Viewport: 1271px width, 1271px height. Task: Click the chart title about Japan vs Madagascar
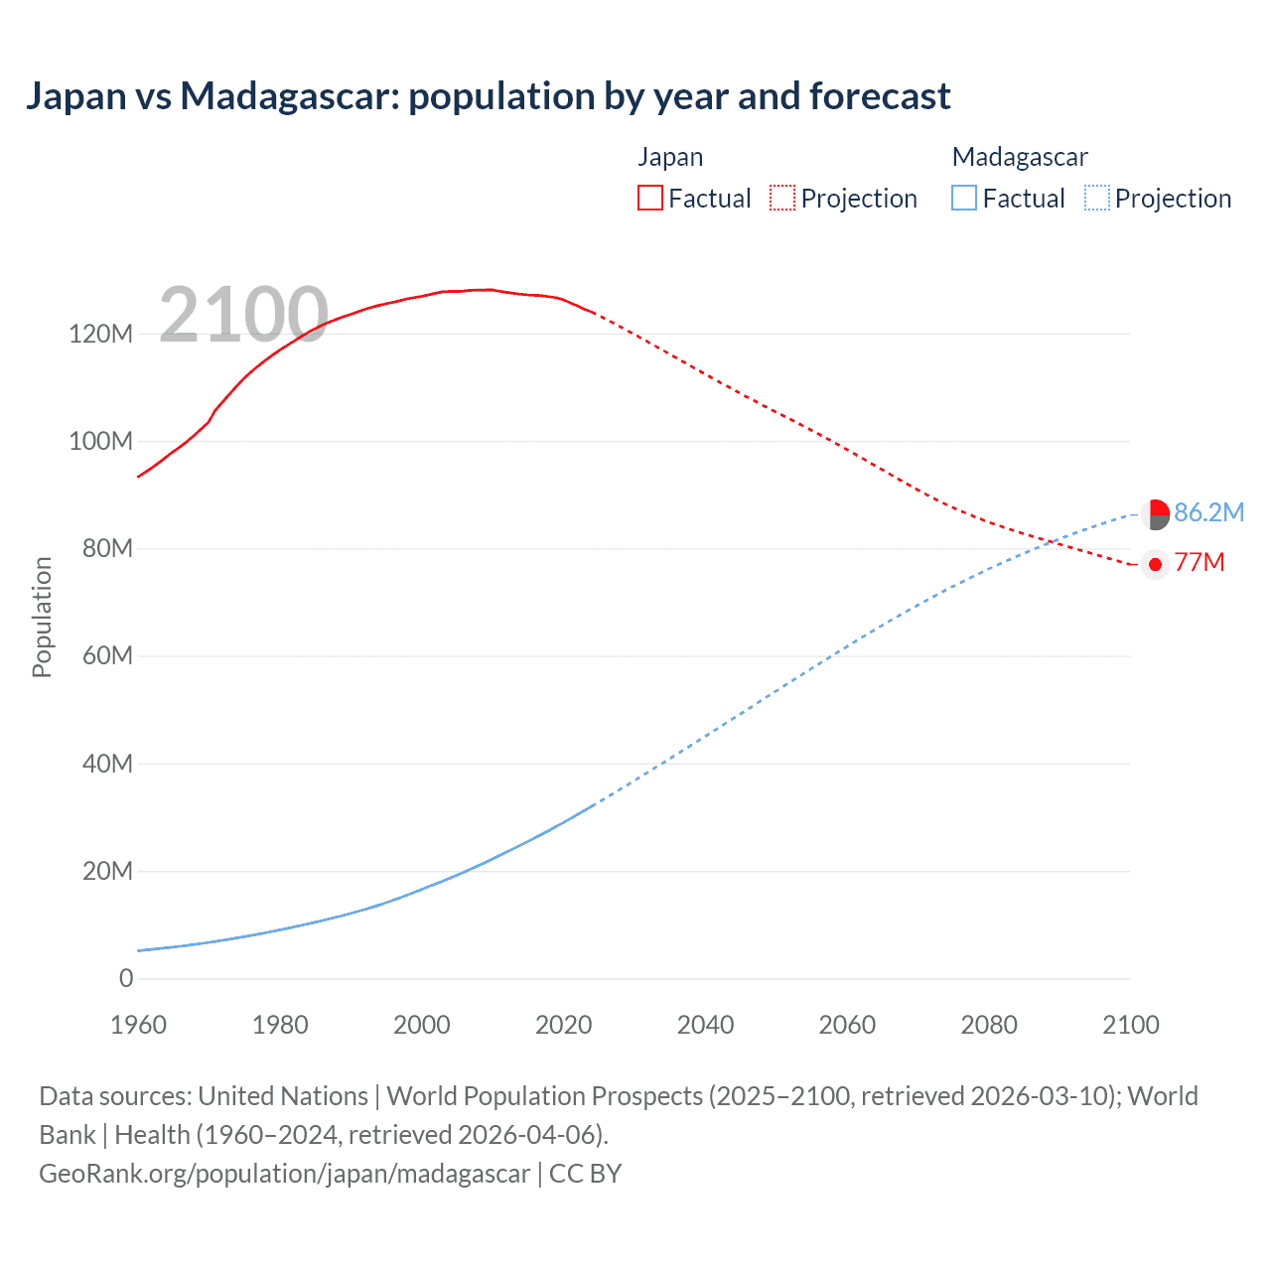pos(488,96)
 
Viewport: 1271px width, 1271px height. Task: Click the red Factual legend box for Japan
pos(649,198)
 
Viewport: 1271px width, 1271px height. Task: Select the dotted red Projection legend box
pos(782,198)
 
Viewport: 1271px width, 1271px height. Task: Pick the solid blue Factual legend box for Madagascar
pos(964,198)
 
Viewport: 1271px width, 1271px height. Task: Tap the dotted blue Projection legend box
pos(1097,198)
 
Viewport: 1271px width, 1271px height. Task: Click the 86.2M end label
pos(1208,512)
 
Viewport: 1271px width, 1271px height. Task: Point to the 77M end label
pos(1200,563)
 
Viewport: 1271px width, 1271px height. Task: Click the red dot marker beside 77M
pos(1155,564)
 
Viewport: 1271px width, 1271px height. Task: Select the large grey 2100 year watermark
pos(243,315)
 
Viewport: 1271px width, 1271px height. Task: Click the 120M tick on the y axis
pos(100,334)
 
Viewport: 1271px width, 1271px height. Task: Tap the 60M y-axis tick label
pos(106,656)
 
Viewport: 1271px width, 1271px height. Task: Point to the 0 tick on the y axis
pos(126,978)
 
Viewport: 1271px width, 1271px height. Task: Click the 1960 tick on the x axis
pos(138,1025)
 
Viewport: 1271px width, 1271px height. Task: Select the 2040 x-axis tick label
pos(705,1025)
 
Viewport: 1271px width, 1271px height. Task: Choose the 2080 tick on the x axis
pos(989,1025)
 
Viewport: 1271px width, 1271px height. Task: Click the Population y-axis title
pos(42,617)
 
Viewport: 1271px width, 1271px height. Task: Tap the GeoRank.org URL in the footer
pos(284,1174)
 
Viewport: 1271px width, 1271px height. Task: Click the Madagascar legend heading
pos(1020,157)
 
